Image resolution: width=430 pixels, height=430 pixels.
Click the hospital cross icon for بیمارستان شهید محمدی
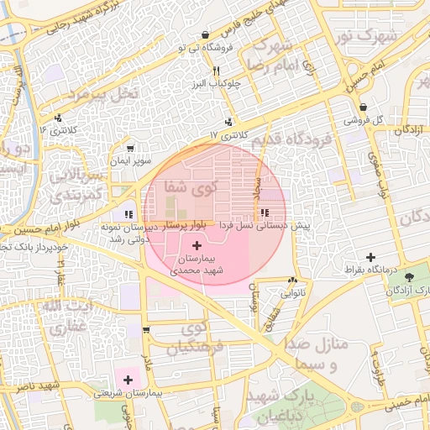[197, 246]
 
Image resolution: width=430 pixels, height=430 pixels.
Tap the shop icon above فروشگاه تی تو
[206, 35]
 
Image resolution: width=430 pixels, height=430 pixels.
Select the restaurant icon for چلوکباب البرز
[217, 71]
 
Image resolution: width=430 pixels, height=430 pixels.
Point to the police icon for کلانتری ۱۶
[58, 118]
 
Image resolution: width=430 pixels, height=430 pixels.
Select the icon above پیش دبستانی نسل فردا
[265, 213]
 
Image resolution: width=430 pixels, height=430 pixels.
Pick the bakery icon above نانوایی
[292, 281]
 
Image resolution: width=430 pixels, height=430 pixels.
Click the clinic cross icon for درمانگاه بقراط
[371, 256]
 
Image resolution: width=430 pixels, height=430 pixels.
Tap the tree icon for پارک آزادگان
[409, 277]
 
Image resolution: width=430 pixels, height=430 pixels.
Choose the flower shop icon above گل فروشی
[363, 107]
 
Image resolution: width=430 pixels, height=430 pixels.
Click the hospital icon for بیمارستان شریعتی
[127, 380]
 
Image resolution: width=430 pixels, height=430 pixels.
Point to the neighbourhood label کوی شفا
[191, 186]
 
